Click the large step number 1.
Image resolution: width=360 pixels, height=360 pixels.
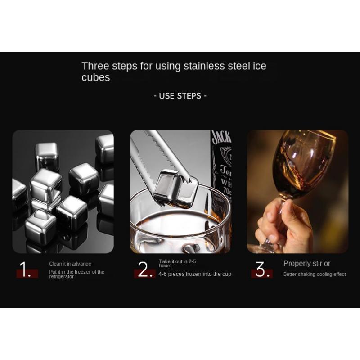25,269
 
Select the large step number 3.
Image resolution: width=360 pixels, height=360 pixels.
262,269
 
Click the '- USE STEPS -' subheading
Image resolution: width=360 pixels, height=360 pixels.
180,96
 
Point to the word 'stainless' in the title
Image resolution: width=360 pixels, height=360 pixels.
204,66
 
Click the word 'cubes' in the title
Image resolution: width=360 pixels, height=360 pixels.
96,77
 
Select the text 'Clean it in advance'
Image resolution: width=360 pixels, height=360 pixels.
70,264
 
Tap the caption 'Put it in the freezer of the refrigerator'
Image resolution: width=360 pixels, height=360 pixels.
76,274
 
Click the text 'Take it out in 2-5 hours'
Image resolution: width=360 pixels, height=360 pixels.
177,263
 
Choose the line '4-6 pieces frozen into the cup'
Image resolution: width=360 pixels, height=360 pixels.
195,274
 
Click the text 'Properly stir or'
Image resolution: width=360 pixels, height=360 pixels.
307,264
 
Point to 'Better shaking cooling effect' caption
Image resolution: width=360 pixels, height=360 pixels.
315,274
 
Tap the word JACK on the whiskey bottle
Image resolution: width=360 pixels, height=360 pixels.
221,137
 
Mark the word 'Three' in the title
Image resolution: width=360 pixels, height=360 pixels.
95,66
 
